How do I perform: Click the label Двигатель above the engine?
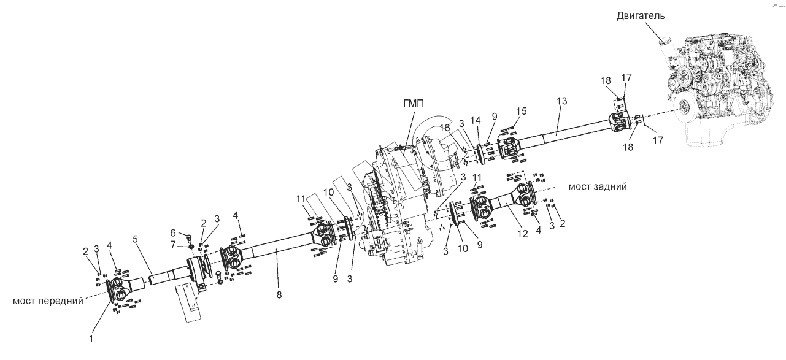641,16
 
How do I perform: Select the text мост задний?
598,186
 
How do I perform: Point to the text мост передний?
48,301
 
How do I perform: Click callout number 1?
92,338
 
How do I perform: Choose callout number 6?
172,233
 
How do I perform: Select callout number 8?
279,296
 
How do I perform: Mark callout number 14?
475,120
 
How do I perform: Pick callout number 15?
521,112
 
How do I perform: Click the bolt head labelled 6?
188,238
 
